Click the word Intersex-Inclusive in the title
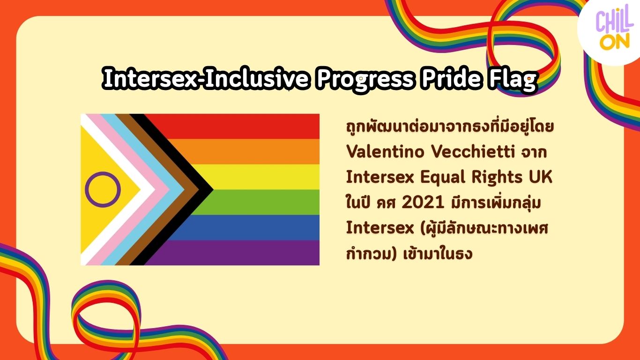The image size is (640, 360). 206,78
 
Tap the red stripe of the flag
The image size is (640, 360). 232,127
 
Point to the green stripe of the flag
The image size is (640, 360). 257,202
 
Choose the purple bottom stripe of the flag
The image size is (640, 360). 232,253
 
